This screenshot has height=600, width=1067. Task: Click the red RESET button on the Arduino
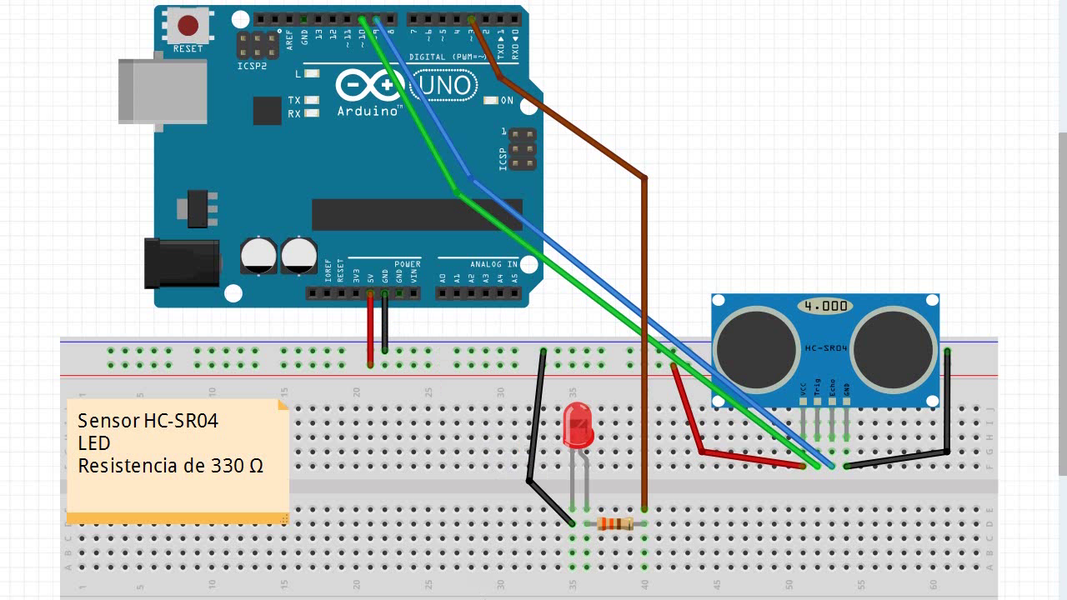point(188,25)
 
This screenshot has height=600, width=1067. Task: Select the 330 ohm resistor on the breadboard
point(615,523)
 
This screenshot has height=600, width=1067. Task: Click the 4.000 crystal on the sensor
point(825,306)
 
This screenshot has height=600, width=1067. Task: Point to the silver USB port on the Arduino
point(163,90)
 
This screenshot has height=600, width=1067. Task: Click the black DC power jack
point(182,263)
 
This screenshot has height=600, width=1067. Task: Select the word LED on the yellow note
point(94,443)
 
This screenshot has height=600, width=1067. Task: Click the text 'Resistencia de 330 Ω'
point(170,466)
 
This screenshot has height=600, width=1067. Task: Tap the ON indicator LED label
point(507,101)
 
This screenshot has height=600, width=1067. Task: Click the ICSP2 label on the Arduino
point(251,65)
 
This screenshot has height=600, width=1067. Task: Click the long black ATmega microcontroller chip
point(417,214)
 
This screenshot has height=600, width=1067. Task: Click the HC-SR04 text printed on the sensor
point(825,347)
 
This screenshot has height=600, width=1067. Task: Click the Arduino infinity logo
point(370,85)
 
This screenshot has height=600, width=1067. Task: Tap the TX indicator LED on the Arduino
point(313,100)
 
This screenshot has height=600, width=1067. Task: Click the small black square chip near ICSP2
point(268,110)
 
